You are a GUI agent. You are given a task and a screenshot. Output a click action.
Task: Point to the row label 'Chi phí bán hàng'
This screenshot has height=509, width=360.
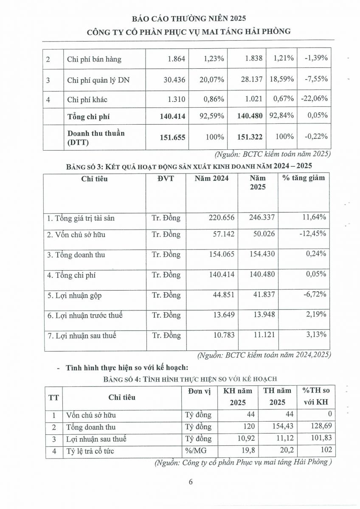pyautogui.click(x=94, y=59)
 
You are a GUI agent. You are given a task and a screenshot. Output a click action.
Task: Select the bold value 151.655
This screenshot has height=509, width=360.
pyautogui.click(x=173, y=137)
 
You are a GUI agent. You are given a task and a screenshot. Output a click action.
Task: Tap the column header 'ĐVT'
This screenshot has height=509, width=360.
pyautogui.click(x=165, y=179)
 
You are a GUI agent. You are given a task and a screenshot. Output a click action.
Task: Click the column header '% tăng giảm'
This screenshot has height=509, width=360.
pyautogui.click(x=304, y=178)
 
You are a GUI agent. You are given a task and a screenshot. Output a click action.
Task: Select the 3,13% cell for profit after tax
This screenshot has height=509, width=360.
pyautogui.click(x=315, y=335)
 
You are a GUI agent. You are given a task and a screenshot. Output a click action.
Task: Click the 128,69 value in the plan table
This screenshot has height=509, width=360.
pyautogui.click(x=321, y=427)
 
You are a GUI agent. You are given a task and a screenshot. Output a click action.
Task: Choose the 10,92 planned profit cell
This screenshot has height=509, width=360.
pyautogui.click(x=245, y=439)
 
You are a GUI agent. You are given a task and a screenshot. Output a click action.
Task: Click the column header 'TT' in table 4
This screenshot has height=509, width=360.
pyautogui.click(x=53, y=397)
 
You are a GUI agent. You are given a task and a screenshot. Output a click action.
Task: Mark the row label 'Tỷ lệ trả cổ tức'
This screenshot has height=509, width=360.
pyautogui.click(x=90, y=451)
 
